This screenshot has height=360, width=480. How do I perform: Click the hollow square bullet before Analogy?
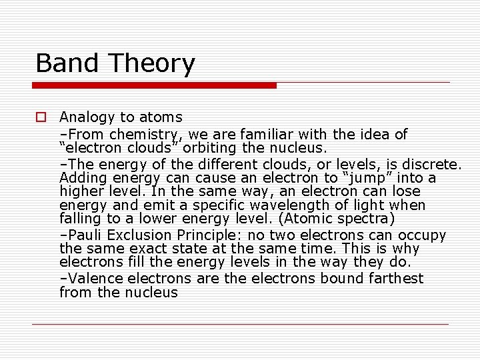coord(41,117)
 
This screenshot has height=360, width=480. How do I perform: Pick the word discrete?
coord(434,164)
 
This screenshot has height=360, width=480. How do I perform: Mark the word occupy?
coord(421,235)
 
